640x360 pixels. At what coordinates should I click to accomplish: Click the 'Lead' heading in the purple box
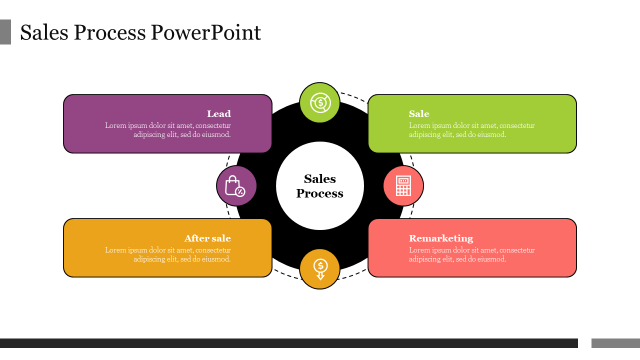[x=218, y=114]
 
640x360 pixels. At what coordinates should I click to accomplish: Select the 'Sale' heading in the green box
[x=419, y=114]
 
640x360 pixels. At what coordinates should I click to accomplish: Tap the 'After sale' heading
[x=207, y=238]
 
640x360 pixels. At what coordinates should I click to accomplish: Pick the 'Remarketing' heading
[x=440, y=238]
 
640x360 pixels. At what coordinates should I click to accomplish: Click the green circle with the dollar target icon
[x=319, y=102]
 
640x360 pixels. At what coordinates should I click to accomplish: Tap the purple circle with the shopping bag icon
[x=236, y=186]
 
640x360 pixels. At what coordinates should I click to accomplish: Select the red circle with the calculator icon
[x=403, y=186]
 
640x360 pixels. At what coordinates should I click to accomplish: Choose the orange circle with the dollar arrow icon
[x=320, y=269]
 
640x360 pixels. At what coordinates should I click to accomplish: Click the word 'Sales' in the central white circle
[x=320, y=179]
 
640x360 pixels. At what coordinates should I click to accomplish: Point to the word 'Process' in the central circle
[x=320, y=193]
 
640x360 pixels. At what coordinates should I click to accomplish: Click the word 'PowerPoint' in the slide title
[x=206, y=33]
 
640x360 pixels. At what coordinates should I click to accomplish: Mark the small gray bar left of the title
[x=5, y=32]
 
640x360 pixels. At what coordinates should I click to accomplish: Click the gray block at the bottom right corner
[x=615, y=343]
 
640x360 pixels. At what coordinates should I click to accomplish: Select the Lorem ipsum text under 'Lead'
[x=168, y=130]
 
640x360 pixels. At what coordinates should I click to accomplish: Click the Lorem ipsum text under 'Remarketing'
[x=471, y=254]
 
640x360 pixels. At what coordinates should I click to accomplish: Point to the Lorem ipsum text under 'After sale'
[x=168, y=254]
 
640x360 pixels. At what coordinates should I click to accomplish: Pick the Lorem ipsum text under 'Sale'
[x=471, y=130]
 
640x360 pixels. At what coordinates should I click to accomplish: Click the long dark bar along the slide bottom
[x=289, y=343]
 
